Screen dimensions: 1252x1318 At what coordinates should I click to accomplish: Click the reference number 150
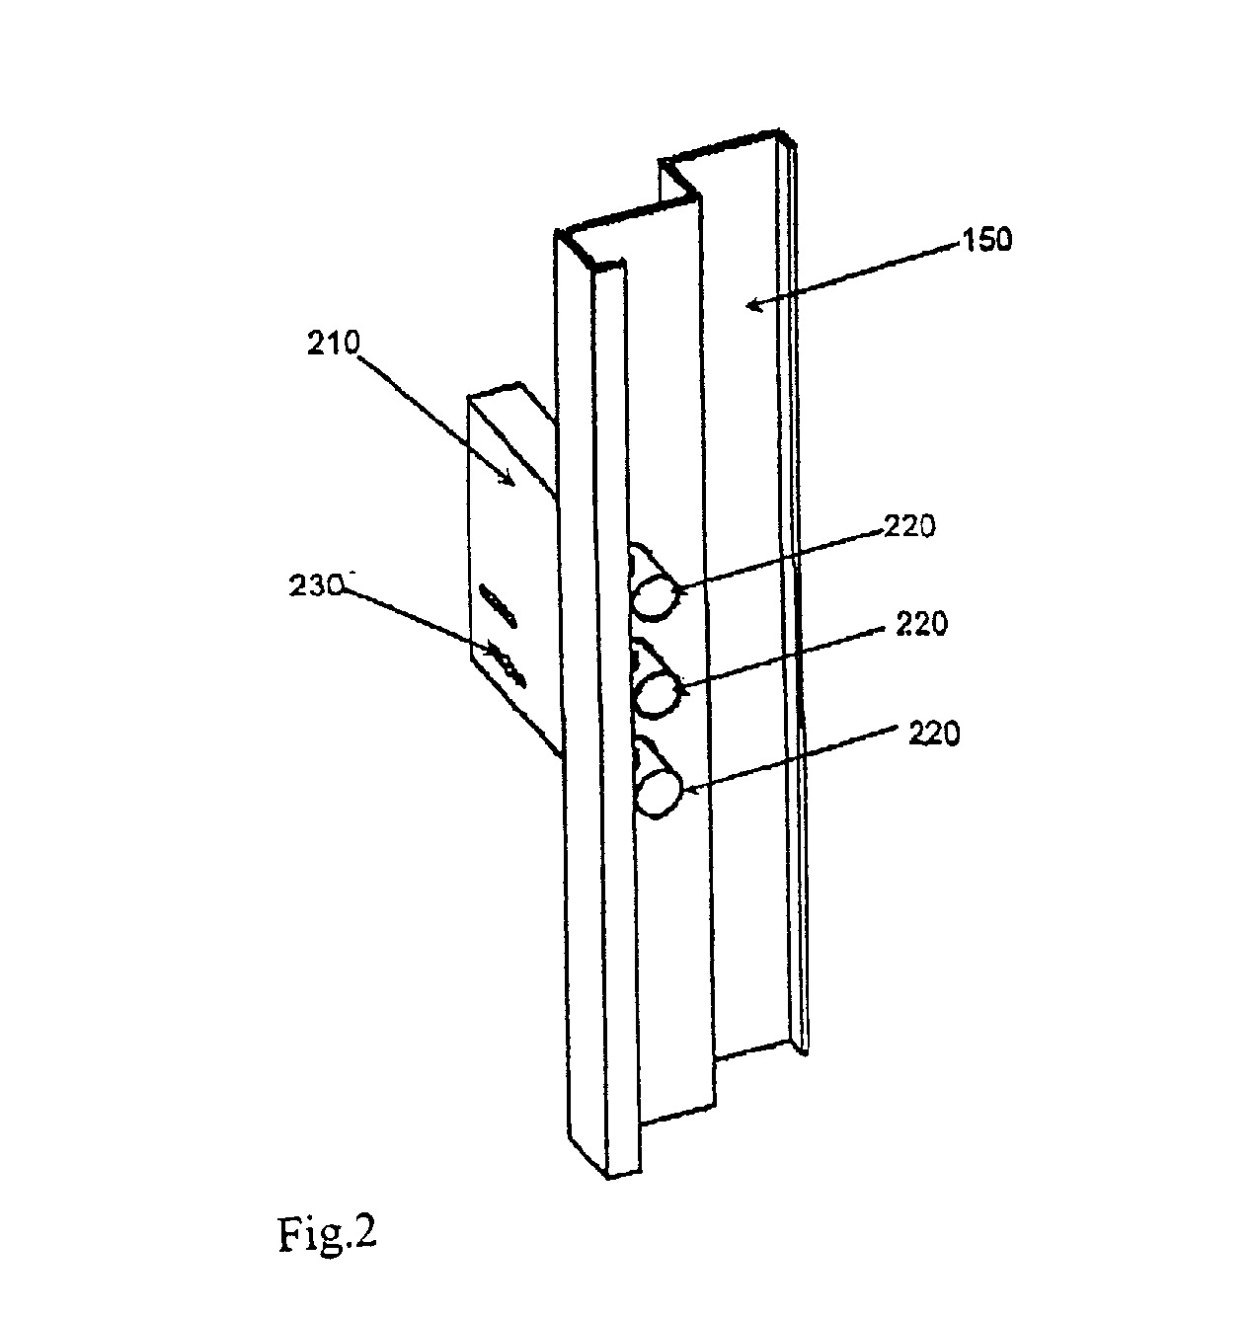point(986,240)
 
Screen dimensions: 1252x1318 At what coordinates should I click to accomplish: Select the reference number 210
point(334,344)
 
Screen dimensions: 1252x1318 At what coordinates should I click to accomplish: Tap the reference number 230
point(315,585)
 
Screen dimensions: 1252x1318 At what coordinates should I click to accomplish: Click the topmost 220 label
point(908,527)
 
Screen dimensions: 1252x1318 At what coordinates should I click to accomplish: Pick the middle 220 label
point(920,624)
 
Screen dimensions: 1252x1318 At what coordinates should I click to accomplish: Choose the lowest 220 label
point(933,735)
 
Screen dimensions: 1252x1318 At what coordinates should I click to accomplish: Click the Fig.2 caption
point(327,1234)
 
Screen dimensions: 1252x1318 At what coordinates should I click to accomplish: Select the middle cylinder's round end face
point(658,693)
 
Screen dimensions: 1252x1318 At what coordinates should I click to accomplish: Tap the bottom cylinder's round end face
point(659,792)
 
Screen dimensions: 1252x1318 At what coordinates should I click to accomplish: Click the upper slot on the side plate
point(498,604)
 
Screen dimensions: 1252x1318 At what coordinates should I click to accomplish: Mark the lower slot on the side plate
point(506,665)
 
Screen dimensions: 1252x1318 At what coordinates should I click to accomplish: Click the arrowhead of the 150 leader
point(756,305)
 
